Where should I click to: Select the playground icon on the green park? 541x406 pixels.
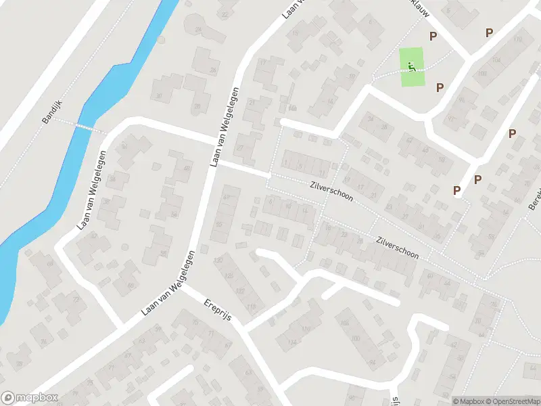(411, 66)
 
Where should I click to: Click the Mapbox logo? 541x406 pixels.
(28, 398)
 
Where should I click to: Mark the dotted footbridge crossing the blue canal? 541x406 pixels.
(85, 127)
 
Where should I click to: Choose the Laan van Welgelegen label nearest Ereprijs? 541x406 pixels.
(168, 283)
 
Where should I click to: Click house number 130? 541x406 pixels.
(218, 261)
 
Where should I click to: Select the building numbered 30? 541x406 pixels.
(160, 96)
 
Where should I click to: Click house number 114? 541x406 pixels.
(292, 342)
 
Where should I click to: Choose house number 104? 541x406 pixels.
(496, 60)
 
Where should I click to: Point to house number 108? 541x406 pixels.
(482, 73)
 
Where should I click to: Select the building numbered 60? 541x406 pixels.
(431, 276)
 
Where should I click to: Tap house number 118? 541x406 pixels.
(252, 308)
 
